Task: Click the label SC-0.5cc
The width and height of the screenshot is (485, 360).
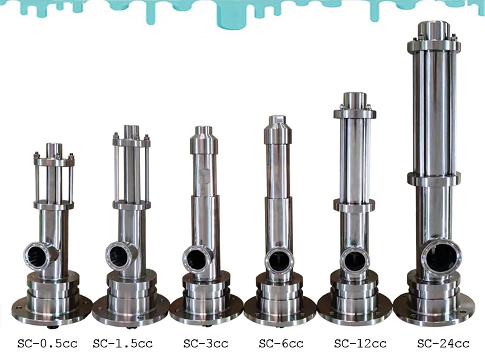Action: (47, 344)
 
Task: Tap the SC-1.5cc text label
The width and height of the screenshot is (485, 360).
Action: (123, 344)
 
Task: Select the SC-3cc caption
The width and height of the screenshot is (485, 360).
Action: (206, 344)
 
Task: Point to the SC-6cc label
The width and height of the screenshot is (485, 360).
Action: (281, 344)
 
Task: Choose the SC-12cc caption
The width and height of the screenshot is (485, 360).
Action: (360, 344)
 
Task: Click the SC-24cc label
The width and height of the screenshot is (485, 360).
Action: (443, 344)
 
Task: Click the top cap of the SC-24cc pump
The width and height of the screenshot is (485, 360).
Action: (435, 30)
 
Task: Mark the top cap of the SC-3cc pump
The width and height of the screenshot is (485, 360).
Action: (204, 131)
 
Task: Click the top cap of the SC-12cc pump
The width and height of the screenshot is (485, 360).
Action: (355, 99)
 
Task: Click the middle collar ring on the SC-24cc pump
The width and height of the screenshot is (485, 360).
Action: (434, 178)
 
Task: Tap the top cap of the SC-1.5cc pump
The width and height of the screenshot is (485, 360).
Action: (132, 131)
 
